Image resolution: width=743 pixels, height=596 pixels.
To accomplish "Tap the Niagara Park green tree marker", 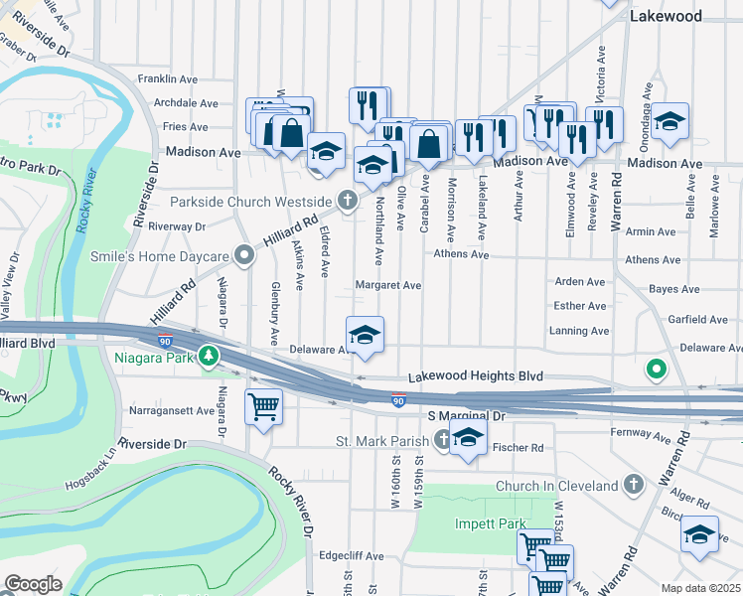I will (207, 355).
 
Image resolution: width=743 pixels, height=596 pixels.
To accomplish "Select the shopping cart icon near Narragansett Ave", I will (263, 405).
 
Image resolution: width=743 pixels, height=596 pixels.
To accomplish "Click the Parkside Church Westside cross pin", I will (348, 202).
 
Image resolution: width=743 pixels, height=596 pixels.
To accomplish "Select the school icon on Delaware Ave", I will (365, 335).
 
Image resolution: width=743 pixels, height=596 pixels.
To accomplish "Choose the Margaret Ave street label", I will (388, 285).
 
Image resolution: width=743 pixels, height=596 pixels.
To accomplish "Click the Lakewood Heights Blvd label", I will (476, 377).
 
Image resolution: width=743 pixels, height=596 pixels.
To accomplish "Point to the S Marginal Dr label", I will (466, 417).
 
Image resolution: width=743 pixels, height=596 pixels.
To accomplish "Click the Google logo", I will (33, 584).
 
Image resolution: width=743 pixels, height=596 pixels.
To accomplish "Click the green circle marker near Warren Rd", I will (656, 371).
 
